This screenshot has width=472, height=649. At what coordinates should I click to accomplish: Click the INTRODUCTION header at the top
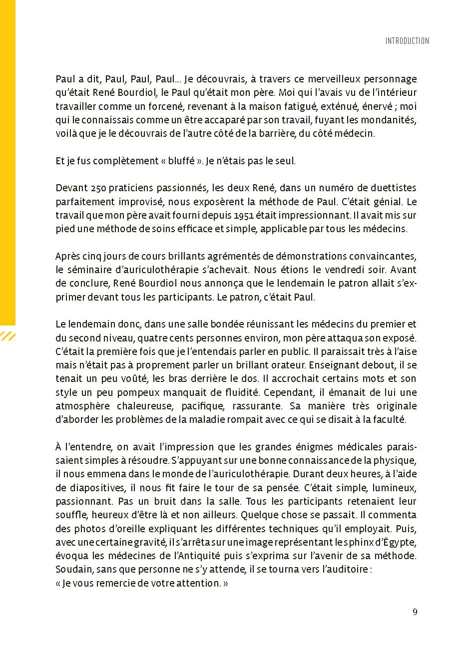[x=407, y=41]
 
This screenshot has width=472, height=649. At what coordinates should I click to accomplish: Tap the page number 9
[x=415, y=613]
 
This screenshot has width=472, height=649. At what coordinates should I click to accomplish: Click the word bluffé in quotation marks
[x=177, y=161]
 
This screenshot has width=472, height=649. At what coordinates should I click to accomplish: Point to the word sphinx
[x=362, y=542]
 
